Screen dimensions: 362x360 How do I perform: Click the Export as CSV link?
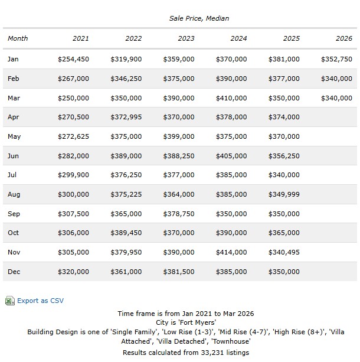pyautogui.click(x=40, y=301)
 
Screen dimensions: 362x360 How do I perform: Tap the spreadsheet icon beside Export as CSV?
pyautogui.click(x=9, y=301)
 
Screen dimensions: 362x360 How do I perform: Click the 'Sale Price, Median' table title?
pyautogui.click(x=199, y=18)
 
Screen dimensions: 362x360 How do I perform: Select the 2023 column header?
pyautogui.click(x=186, y=38)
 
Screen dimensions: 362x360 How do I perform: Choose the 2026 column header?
pyautogui.click(x=343, y=38)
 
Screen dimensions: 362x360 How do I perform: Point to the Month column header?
pyautogui.click(x=18, y=38)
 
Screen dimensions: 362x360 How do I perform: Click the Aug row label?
pyautogui.click(x=14, y=194)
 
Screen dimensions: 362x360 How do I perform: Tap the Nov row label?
pyautogui.click(x=14, y=252)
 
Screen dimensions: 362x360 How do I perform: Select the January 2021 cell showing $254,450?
pyautogui.click(x=73, y=59)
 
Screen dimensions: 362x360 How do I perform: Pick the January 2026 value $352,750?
pyautogui.click(x=336, y=59)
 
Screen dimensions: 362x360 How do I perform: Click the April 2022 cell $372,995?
pyautogui.click(x=126, y=117)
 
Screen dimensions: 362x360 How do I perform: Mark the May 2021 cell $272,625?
pyautogui.click(x=73, y=136)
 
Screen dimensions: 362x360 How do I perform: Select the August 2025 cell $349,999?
pyautogui.click(x=284, y=194)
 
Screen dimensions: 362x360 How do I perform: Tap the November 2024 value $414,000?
pyautogui.click(x=231, y=252)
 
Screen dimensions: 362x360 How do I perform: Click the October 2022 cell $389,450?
pyautogui.click(x=126, y=233)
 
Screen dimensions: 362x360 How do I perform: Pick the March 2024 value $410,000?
pyautogui.click(x=231, y=98)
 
